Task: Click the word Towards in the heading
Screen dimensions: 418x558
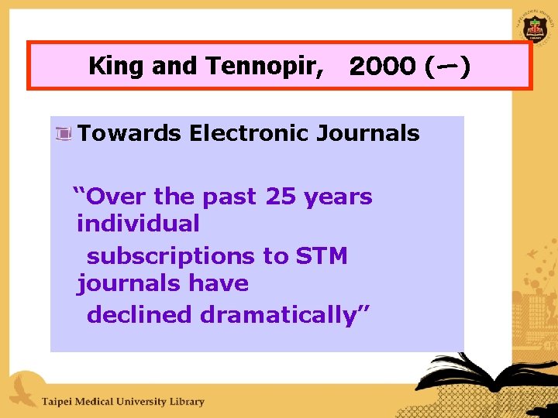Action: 129,133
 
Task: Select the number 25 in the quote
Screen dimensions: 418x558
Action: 280,197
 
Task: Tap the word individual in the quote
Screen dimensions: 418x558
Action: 138,224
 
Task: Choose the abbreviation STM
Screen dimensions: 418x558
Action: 322,255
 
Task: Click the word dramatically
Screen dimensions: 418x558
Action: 286,314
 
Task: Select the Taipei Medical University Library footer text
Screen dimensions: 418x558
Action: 122,401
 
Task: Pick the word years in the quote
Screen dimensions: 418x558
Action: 338,197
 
